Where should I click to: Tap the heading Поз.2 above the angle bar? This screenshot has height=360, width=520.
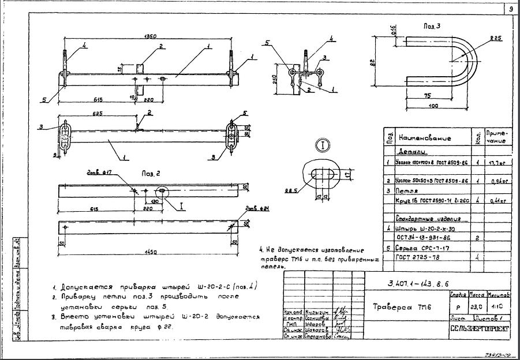(x=151, y=172)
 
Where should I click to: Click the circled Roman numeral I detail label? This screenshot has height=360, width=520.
(x=322, y=144)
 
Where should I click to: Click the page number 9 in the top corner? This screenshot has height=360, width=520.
(x=511, y=9)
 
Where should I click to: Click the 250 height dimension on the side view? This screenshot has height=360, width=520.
(x=276, y=78)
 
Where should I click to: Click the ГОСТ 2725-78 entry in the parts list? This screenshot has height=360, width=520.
(x=418, y=257)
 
